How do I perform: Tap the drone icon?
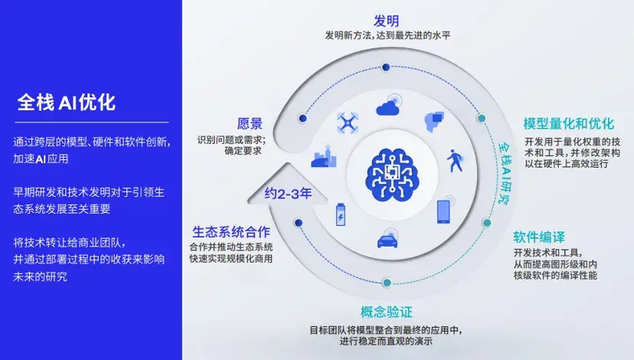[348, 123]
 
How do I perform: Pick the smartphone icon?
[443, 211]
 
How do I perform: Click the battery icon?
[340, 214]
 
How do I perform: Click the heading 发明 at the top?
[386, 21]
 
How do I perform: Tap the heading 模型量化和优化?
[568, 124]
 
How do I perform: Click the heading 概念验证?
[386, 312]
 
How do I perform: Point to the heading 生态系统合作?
[230, 231]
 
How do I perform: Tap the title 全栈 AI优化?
[67, 103]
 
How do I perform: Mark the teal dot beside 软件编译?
[486, 223]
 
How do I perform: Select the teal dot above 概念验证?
[387, 283]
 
